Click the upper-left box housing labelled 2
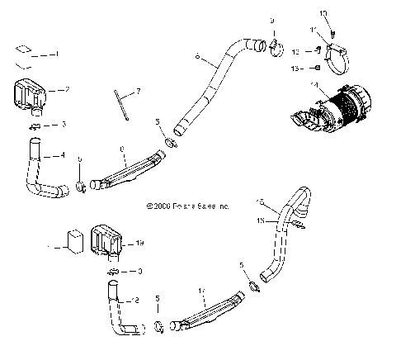(x=31, y=93)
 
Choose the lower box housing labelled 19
(x=107, y=239)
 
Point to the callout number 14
(x=313, y=84)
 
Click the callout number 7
(x=138, y=89)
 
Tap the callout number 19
(x=139, y=244)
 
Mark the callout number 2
(x=67, y=88)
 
